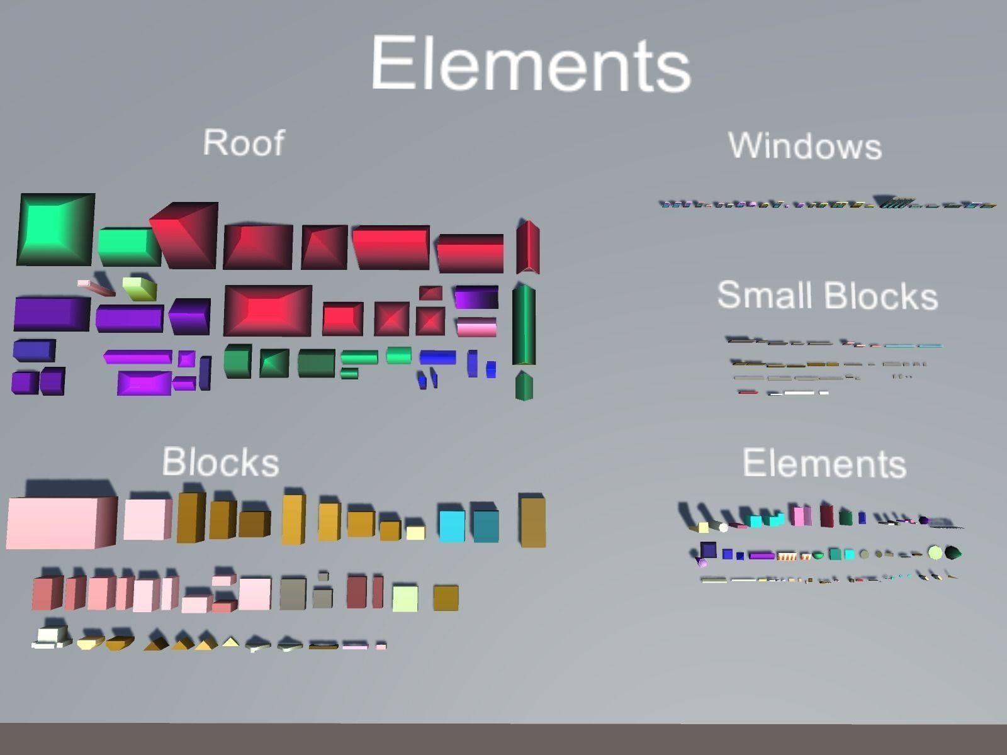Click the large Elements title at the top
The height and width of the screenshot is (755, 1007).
click(x=531, y=64)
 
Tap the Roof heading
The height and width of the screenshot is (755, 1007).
click(x=244, y=143)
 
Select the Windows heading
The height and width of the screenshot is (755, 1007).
click(x=805, y=146)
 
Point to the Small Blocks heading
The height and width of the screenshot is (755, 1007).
click(x=827, y=295)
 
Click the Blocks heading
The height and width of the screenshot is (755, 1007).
click(x=220, y=462)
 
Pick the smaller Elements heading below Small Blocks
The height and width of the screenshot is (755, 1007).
click(x=824, y=464)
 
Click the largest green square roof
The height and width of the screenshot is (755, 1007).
click(x=55, y=229)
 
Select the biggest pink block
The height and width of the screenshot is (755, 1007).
click(x=61, y=522)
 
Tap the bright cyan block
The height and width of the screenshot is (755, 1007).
click(x=452, y=526)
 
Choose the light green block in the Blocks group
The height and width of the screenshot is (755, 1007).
click(x=405, y=598)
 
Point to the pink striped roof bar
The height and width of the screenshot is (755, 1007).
click(x=476, y=327)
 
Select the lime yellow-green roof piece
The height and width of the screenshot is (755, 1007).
click(x=140, y=288)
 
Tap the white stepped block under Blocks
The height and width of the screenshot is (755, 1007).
click(x=51, y=638)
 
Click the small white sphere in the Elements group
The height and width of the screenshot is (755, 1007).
click(x=724, y=528)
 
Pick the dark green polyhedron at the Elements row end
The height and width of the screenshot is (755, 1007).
click(x=953, y=553)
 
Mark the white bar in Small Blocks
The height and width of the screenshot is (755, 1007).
click(x=799, y=393)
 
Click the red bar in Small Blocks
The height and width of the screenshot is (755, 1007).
click(x=748, y=392)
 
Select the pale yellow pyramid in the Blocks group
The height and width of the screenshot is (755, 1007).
click(x=231, y=642)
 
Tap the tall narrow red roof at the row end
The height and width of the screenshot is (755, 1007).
click(x=527, y=247)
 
